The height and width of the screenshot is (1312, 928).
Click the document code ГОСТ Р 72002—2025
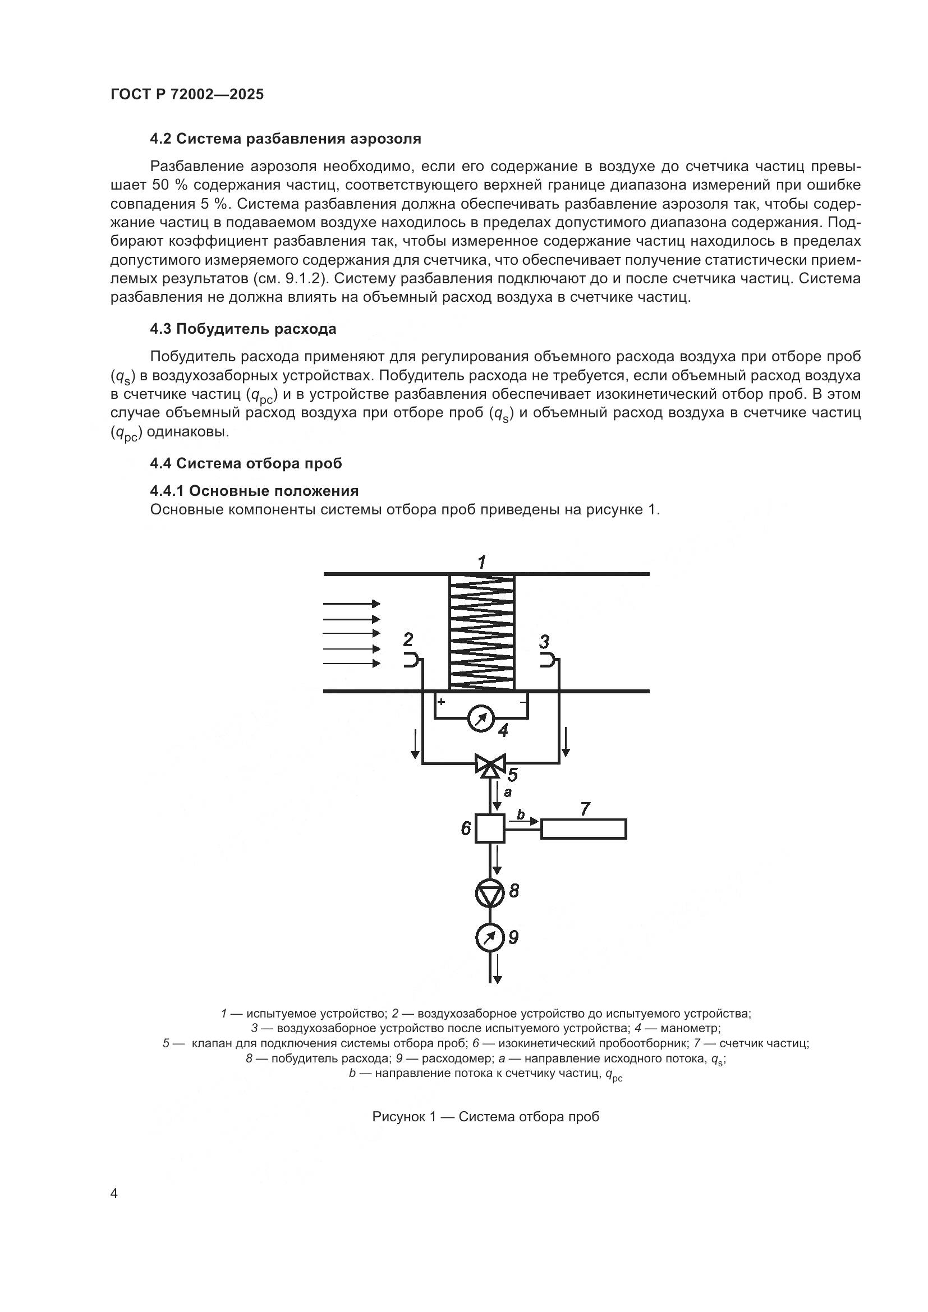pos(187,94)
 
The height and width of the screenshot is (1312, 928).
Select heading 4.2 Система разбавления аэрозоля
pos(285,139)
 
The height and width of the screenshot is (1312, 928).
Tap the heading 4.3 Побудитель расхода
pos(243,329)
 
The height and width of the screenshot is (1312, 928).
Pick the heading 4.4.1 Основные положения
pos(254,491)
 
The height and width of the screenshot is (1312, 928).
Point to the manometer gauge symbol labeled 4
pos(481,719)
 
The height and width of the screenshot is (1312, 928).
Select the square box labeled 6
pos(490,828)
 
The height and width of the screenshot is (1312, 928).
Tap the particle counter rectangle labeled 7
pos(584,828)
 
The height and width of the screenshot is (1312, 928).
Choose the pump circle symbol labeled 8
pos(490,892)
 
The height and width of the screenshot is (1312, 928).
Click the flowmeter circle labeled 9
pos(490,937)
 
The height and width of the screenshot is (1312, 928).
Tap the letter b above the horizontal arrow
pos(521,814)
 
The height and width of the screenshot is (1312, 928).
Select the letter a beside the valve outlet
pos(507,792)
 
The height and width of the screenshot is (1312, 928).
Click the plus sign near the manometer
pos(441,701)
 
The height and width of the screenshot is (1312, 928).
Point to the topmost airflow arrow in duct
pos(351,604)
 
